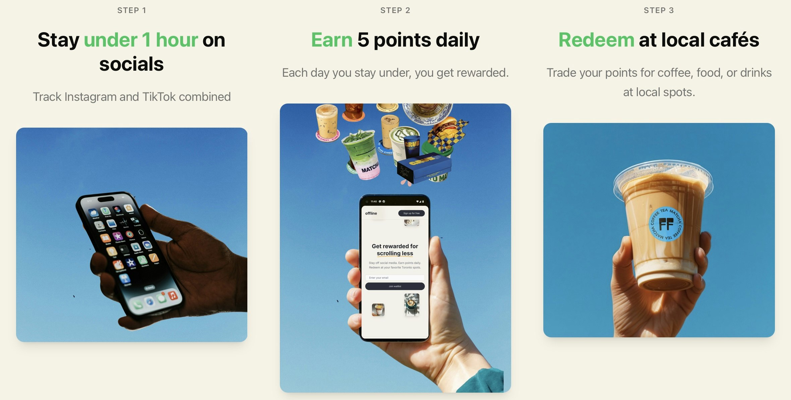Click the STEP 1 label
point(131,10)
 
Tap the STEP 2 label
point(395,10)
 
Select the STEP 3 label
point(659,10)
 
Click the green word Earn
point(331,40)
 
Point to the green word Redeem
point(596,40)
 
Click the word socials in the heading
point(131,64)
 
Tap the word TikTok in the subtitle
point(159,97)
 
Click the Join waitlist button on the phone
point(395,286)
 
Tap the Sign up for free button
point(411,213)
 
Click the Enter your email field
point(395,278)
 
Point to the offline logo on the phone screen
point(371,213)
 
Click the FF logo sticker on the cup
point(666,224)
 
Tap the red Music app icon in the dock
point(173,295)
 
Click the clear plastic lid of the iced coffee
point(663,174)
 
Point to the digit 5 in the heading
point(363,40)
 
